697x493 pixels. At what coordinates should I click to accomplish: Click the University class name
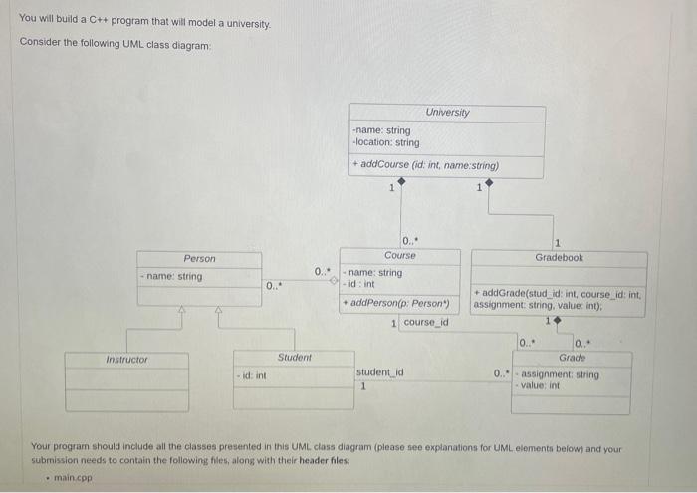447,112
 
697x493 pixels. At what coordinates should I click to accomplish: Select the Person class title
199,258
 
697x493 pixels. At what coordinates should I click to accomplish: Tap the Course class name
400,256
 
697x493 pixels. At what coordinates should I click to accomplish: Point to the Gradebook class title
559,257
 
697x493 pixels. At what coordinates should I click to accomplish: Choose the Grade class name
572,357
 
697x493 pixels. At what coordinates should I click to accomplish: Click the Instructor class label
126,359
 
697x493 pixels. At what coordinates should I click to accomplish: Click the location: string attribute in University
386,142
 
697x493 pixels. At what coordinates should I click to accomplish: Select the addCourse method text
426,164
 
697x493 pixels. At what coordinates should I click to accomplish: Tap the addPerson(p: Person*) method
395,302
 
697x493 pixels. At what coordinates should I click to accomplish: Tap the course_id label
425,322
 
